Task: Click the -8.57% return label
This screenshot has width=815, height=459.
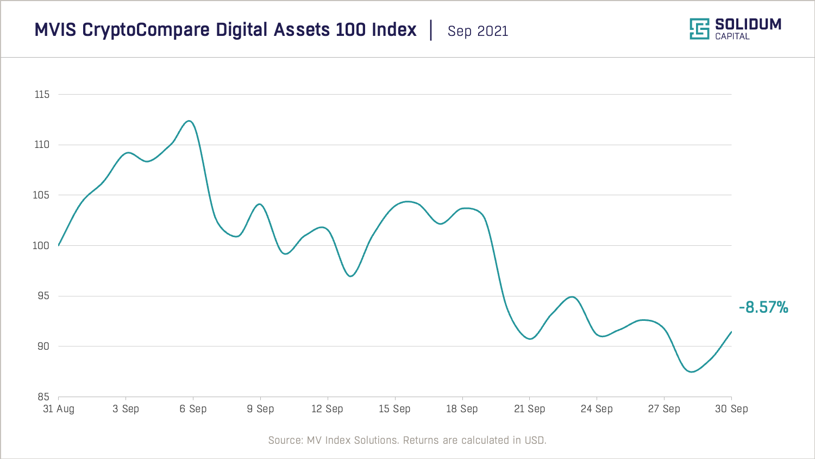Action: tap(763, 307)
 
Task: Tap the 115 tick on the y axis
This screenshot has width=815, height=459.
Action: tap(42, 95)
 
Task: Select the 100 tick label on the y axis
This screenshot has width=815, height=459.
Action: tap(41, 246)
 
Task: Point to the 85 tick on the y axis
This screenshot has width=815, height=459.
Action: tap(43, 397)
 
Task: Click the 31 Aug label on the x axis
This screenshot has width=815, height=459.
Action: tap(59, 409)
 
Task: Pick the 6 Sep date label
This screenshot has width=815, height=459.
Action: tap(193, 409)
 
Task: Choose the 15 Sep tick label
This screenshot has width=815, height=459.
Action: tap(394, 409)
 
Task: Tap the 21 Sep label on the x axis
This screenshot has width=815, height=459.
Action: tap(529, 409)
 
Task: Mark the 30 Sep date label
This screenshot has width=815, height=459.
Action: tap(731, 409)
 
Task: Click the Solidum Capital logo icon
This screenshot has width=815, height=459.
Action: tap(699, 29)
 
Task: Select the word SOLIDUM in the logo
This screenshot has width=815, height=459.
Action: tap(748, 24)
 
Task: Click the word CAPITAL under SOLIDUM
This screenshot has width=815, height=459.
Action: tap(732, 36)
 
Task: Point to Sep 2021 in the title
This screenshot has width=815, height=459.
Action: tap(478, 31)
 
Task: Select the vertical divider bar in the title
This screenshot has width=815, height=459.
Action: tap(431, 30)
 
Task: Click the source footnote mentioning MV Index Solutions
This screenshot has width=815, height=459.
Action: tap(407, 440)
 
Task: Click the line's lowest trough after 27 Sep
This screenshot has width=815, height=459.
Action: tap(691, 372)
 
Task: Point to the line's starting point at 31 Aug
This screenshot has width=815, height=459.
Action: tap(59, 245)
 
